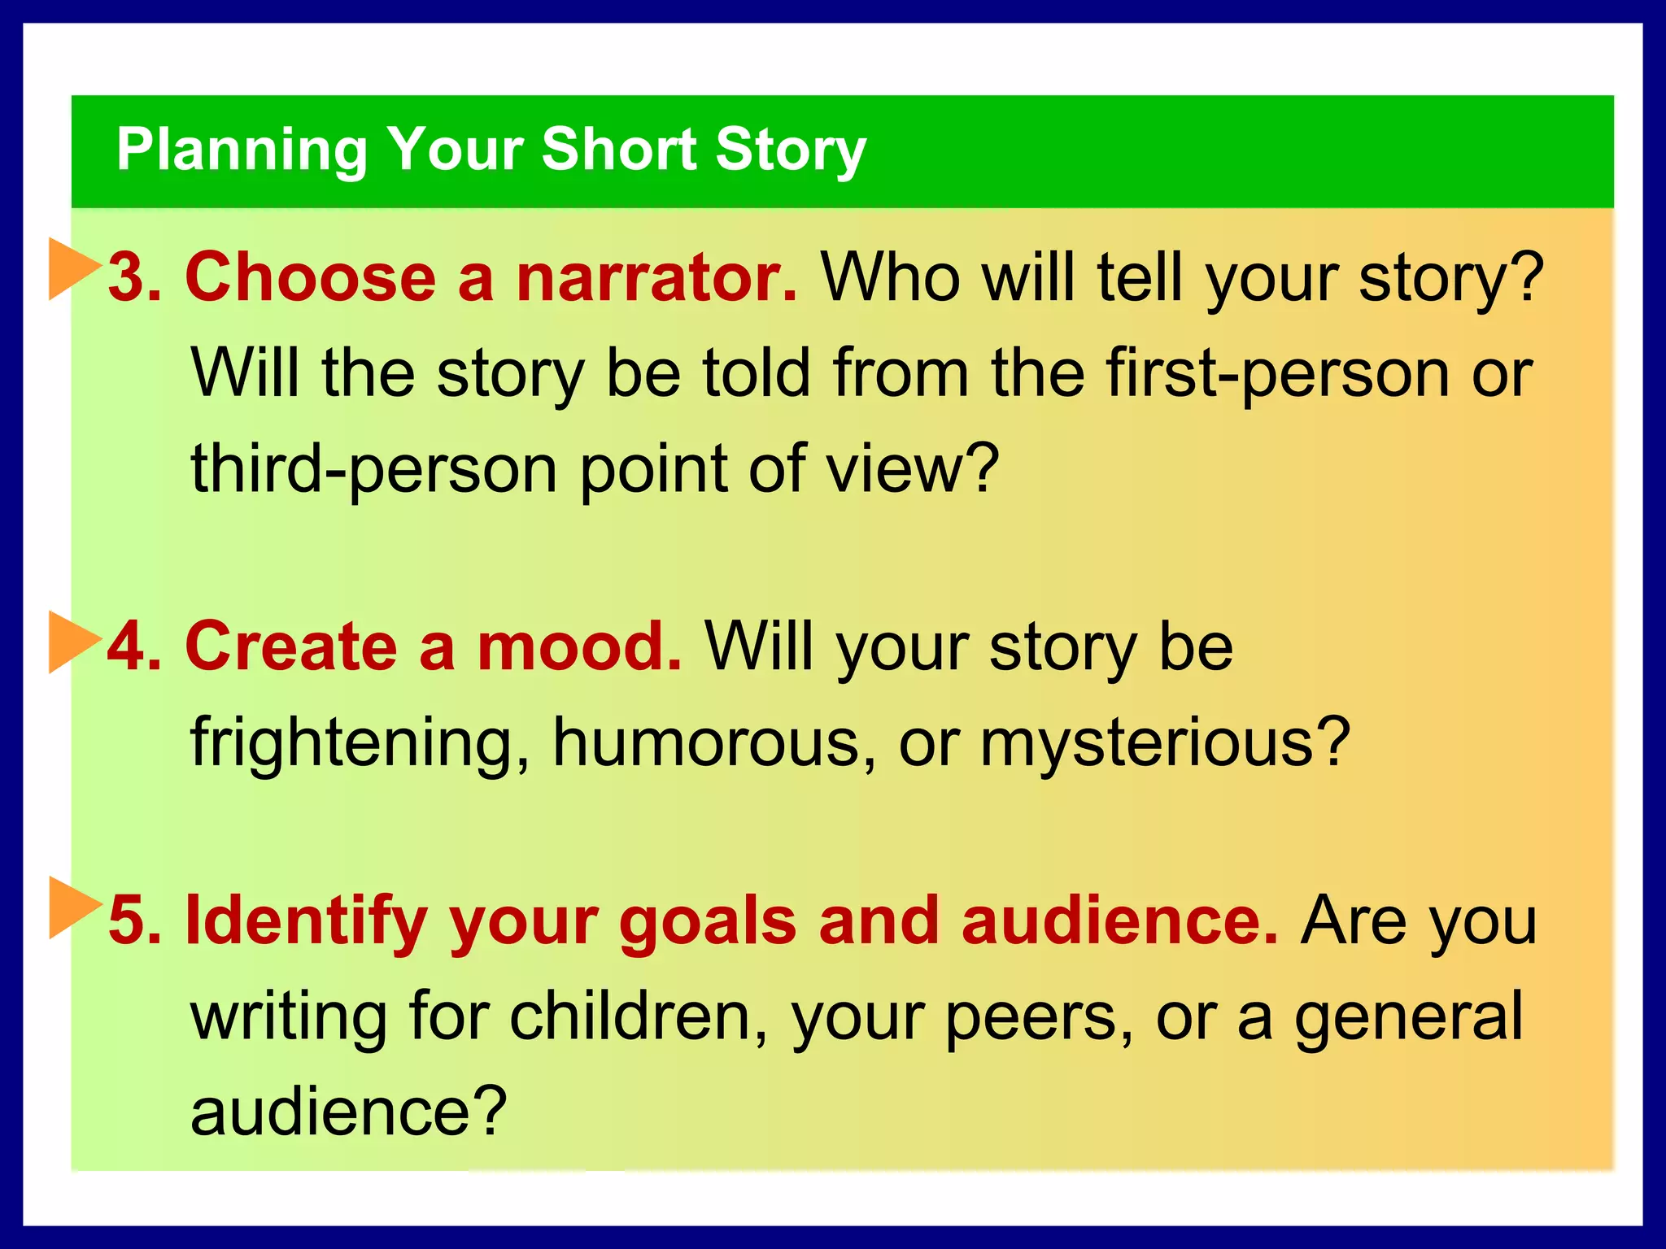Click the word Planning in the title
click(242, 150)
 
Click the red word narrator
click(656, 277)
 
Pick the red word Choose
click(311, 277)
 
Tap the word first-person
click(1278, 373)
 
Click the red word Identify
click(307, 921)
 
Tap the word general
click(1408, 1016)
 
